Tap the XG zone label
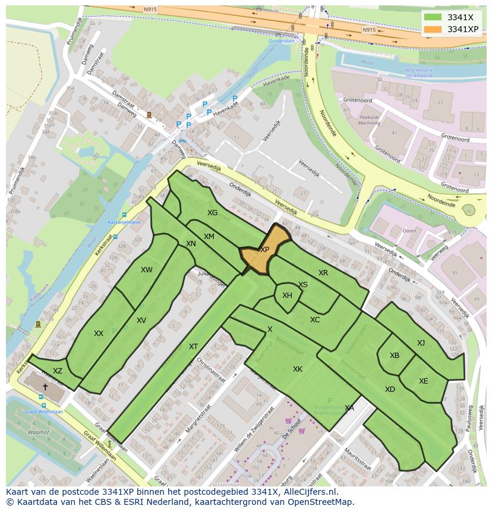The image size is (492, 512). pyautogui.click(x=212, y=213)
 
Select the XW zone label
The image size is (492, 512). pyautogui.click(x=147, y=270)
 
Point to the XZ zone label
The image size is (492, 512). pyautogui.click(x=58, y=371)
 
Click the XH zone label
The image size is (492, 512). pyautogui.click(x=287, y=296)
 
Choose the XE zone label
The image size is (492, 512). pyautogui.click(x=423, y=381)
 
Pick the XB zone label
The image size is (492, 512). pyautogui.click(x=394, y=356)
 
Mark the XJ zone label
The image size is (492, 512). pyautogui.click(x=421, y=343)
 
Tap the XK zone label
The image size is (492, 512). pyautogui.click(x=298, y=369)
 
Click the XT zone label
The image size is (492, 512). pyautogui.click(x=193, y=347)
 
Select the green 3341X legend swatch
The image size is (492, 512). pyautogui.click(x=433, y=17)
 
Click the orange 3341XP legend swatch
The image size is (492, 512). pyautogui.click(x=433, y=29)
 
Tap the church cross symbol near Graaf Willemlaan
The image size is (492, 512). pyautogui.click(x=45, y=387)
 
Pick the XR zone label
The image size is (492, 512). pyautogui.click(x=323, y=273)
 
